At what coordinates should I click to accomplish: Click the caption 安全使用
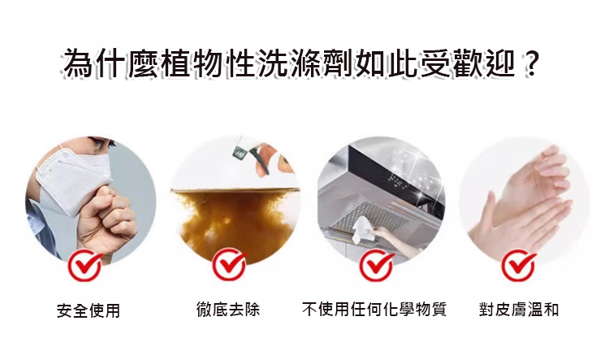[x=89, y=310]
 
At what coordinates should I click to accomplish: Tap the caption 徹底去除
[x=228, y=310]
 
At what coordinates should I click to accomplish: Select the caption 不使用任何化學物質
[x=374, y=310]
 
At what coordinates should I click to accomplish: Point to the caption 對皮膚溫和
[x=519, y=310]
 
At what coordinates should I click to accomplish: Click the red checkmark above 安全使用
[x=84, y=266]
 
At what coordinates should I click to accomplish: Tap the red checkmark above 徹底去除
[x=230, y=265]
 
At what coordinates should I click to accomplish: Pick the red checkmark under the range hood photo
[x=376, y=266]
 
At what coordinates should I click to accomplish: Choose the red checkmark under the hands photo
[x=518, y=266]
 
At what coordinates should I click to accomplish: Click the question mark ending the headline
[x=529, y=63]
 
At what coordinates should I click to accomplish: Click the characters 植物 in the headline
[x=191, y=63]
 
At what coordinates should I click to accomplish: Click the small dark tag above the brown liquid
[x=239, y=154]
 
